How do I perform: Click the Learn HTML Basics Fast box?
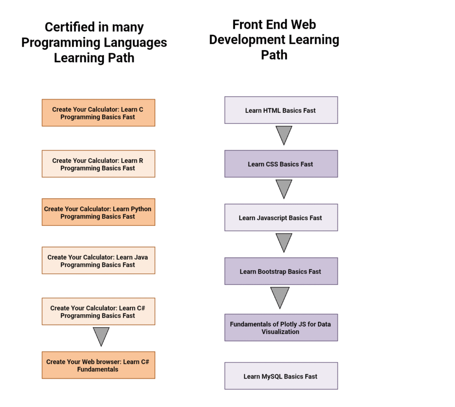tap(281, 110)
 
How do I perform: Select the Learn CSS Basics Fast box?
tap(281, 164)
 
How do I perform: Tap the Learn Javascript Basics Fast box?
tap(281, 217)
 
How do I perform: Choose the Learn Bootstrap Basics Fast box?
tap(281, 271)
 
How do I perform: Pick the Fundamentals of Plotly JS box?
tap(281, 328)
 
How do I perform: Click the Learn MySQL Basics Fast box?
tap(281, 376)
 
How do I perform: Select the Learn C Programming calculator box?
tap(98, 113)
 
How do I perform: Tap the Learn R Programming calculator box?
tap(98, 164)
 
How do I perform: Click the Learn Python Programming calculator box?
tap(98, 212)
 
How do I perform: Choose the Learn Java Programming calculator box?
tap(98, 261)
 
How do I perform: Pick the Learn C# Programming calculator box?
tap(98, 312)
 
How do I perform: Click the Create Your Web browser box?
tap(98, 365)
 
